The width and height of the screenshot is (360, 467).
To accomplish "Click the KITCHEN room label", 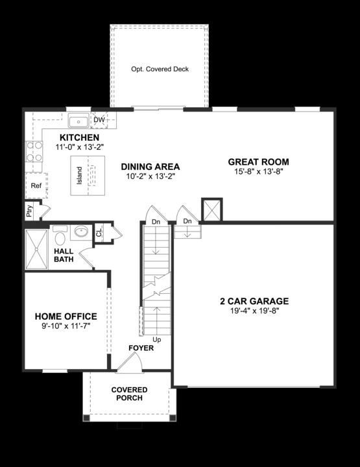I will (79, 138).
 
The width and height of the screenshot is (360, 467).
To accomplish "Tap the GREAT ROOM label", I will (258, 162).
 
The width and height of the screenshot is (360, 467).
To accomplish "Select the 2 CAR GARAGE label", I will (254, 301).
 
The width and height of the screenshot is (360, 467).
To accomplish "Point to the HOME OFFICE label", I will (65, 317).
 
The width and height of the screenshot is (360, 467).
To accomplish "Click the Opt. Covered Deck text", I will (160, 69).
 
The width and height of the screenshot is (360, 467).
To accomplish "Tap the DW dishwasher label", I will (99, 120).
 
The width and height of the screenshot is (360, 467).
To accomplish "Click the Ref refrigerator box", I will (36, 186).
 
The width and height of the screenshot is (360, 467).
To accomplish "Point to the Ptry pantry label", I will (29, 211).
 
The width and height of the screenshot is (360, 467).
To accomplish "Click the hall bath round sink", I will (82, 232).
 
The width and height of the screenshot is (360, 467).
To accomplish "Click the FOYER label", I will (141, 348).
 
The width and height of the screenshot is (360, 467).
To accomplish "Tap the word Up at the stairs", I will (156, 339).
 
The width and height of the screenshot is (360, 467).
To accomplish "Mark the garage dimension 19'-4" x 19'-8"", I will (254, 311).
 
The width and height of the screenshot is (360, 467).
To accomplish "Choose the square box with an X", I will (211, 210).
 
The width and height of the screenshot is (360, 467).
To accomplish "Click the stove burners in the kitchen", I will (34, 152).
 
